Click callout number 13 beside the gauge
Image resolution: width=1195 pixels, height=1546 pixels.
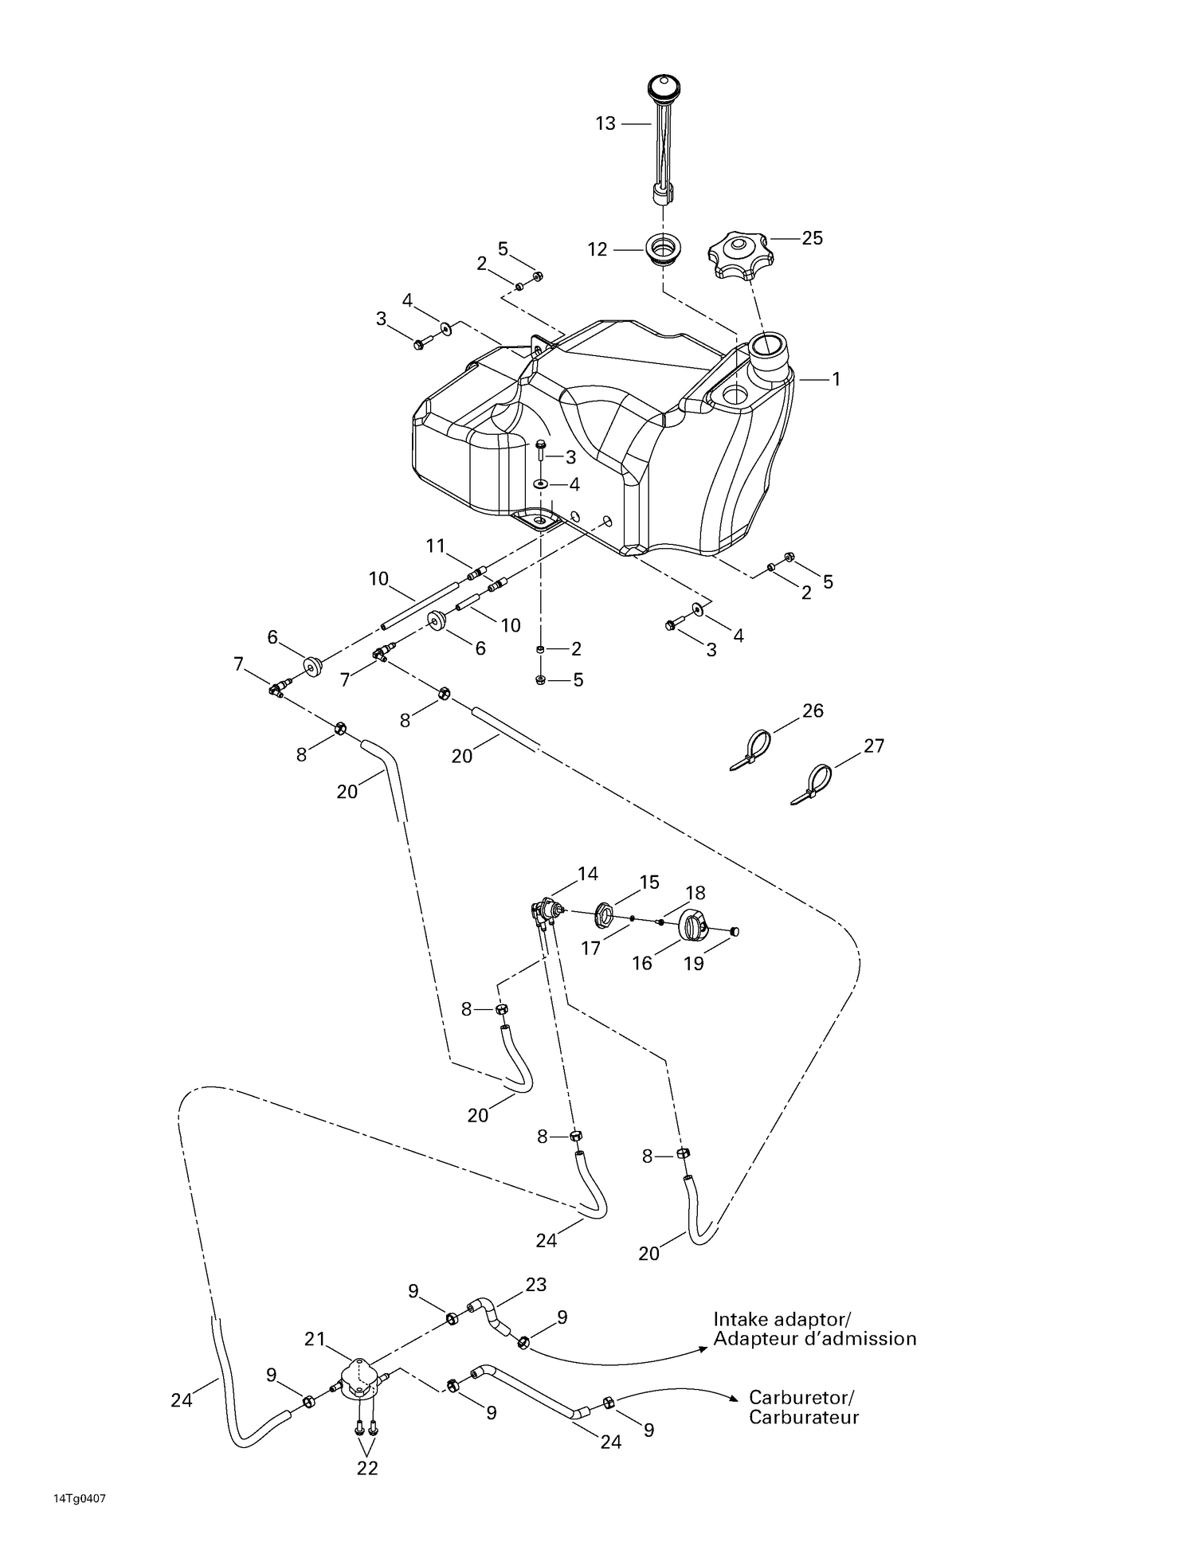[x=605, y=123]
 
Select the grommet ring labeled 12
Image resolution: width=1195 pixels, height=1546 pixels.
[x=661, y=249]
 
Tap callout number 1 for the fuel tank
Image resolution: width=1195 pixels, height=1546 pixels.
[x=836, y=379]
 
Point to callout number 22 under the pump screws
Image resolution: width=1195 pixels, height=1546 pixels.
[x=366, y=1468]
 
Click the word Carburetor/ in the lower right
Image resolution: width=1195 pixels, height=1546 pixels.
[x=801, y=1397]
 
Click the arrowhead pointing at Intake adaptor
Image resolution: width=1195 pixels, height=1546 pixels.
[x=703, y=1348]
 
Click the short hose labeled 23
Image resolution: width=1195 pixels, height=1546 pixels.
[x=487, y=1315]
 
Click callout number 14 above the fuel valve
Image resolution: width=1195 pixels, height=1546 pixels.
[x=588, y=874]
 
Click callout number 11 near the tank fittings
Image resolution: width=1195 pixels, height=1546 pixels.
[x=435, y=546]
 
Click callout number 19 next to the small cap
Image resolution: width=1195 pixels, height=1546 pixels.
[x=693, y=963]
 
